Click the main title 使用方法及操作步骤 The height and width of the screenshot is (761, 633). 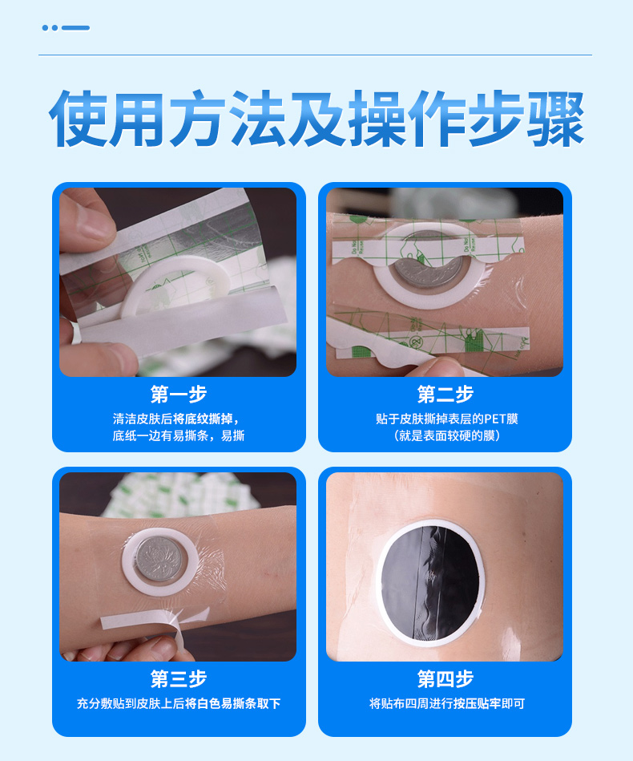tap(316, 119)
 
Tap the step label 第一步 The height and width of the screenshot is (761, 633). tap(179, 395)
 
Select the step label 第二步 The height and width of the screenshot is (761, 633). tap(445, 395)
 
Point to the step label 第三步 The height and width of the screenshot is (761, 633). tap(179, 679)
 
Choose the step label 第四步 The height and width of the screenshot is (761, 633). tap(445, 679)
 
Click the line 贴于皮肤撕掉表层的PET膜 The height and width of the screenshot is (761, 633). tap(445, 419)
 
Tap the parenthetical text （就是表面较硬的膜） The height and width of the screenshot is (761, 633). tap(445, 435)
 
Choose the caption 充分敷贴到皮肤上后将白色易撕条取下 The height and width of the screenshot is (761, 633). tap(179, 703)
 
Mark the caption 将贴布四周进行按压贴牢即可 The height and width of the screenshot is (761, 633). tap(445, 703)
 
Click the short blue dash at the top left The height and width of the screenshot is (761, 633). tap(75, 28)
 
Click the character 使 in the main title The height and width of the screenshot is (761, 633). tap(78, 119)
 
